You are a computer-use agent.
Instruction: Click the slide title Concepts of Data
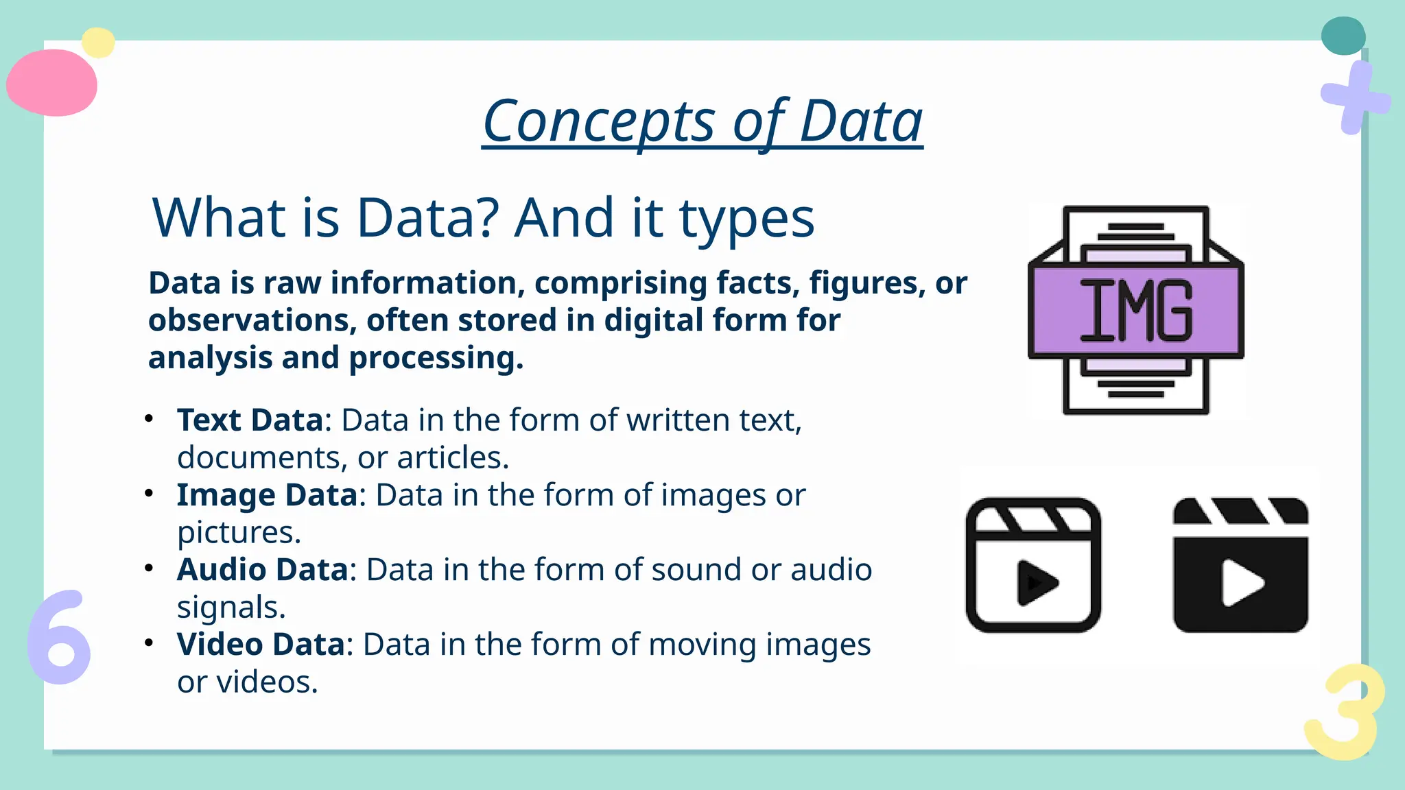[702, 121]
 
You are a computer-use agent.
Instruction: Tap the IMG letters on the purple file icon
[1136, 311]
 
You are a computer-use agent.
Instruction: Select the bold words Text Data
[250, 420]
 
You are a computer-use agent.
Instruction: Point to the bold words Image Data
[267, 494]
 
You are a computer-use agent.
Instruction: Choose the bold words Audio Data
[263, 569]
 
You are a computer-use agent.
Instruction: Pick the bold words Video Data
[261, 644]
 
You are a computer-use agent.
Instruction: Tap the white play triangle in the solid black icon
[1241, 583]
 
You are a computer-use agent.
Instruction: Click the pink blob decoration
[52, 83]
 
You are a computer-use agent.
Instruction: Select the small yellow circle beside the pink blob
[98, 43]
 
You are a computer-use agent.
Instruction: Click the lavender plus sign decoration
[1354, 98]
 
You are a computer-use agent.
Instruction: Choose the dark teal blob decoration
[1343, 36]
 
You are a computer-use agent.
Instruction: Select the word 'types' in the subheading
[746, 219]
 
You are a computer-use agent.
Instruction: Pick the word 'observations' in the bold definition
[251, 320]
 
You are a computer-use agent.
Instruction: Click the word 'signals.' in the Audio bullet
[231, 607]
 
